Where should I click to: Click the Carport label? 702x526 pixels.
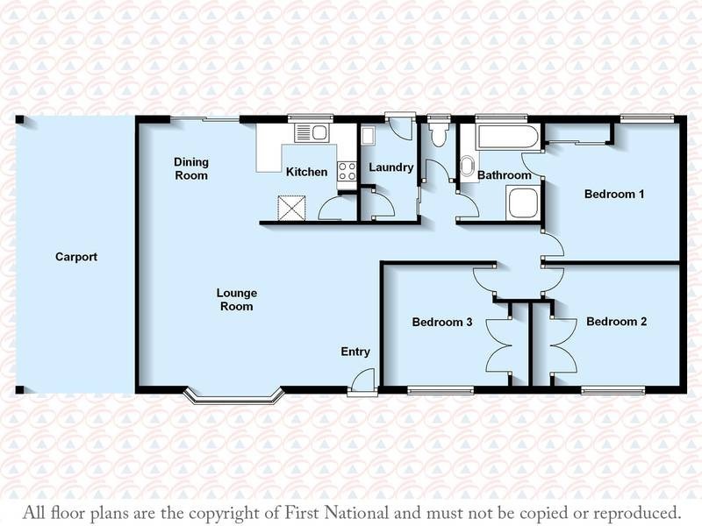[75, 258]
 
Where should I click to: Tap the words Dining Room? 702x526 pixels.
[190, 168]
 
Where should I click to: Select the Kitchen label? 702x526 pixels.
[306, 173]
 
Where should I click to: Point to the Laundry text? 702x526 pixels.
[390, 167]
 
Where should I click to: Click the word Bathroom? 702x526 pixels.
[505, 175]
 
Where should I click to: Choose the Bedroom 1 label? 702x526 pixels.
[615, 195]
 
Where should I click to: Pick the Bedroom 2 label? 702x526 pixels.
[616, 322]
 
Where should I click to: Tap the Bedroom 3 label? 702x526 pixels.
[443, 323]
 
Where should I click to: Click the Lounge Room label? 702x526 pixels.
[236, 300]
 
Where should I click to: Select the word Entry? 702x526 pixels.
[355, 352]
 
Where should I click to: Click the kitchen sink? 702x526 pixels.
[311, 134]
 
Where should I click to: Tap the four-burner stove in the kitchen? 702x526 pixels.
[347, 171]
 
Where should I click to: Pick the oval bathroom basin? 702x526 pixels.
[466, 167]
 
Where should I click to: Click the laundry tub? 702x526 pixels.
[368, 136]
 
